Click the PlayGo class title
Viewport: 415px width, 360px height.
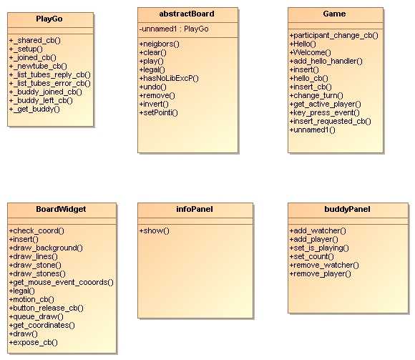click(49, 19)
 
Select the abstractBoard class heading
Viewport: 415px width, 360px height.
click(187, 14)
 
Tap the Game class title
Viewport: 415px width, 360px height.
click(334, 14)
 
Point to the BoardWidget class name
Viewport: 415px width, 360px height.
click(61, 209)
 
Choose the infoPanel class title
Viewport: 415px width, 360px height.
click(195, 209)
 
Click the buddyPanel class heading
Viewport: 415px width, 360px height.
click(347, 209)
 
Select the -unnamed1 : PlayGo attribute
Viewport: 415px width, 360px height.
click(174, 29)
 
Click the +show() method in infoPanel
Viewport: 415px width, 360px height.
click(155, 231)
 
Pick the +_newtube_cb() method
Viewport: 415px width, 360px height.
click(38, 66)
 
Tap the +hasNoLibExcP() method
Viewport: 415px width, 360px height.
click(169, 78)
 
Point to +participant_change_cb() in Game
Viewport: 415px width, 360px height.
click(333, 36)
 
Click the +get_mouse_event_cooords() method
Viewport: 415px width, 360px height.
click(61, 283)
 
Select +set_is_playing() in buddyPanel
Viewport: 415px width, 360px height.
click(319, 248)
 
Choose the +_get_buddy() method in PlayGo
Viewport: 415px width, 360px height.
click(34, 109)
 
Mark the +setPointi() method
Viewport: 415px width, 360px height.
click(159, 113)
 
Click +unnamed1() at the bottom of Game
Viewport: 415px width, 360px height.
click(312, 130)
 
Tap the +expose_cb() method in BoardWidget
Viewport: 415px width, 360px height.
click(34, 343)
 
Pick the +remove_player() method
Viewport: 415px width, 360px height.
click(321, 273)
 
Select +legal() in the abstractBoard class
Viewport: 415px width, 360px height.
click(152, 70)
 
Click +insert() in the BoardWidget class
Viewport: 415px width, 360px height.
click(24, 240)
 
